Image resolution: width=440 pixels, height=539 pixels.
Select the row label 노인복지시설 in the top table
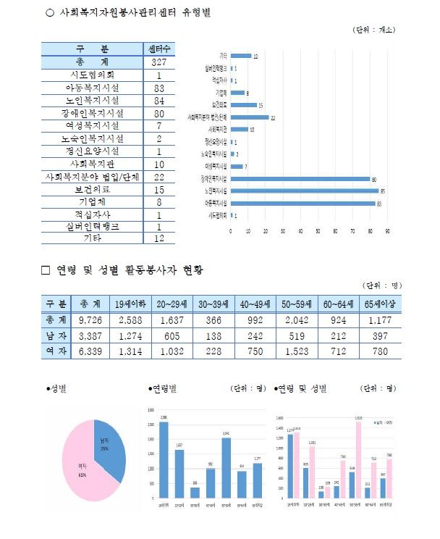(92, 100)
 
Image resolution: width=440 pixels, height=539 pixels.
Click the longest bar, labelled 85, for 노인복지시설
(305, 191)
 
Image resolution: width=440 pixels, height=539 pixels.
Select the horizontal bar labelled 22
(250, 117)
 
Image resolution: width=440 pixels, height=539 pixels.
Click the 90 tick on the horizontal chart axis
(388, 231)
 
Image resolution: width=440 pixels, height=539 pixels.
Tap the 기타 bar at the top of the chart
(241, 56)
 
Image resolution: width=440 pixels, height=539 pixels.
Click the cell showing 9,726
(95, 319)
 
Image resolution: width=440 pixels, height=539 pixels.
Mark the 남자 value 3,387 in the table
(95, 335)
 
